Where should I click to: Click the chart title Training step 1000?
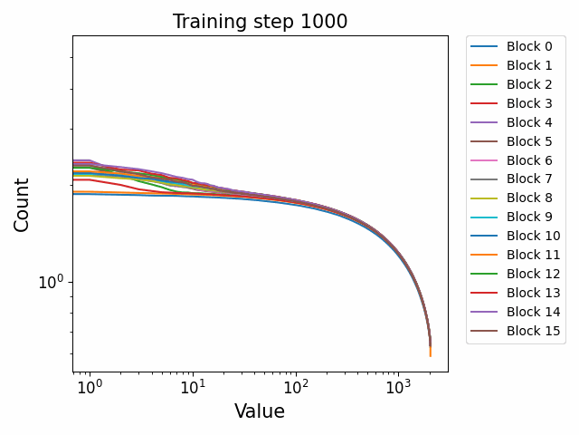pos(260,22)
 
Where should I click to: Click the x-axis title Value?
pos(260,411)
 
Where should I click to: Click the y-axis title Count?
pos(22,204)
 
